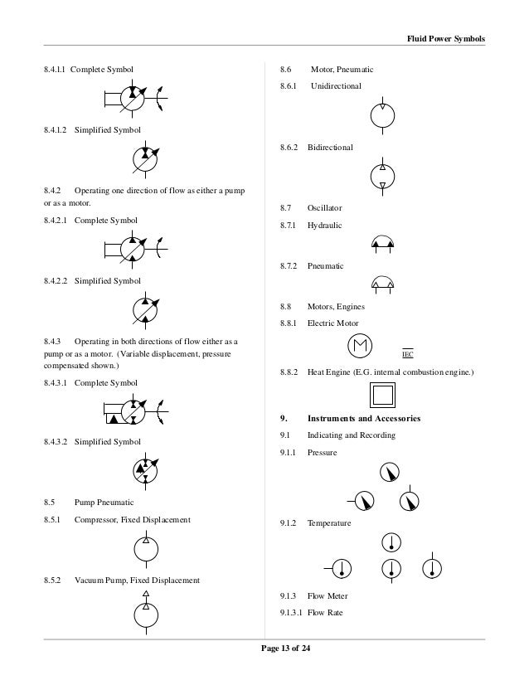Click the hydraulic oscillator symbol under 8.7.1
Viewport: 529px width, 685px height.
click(383, 244)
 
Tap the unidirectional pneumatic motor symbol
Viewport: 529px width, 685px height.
click(382, 115)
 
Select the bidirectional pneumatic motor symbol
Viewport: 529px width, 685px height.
click(382, 175)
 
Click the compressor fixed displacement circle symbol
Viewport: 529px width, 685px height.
click(146, 548)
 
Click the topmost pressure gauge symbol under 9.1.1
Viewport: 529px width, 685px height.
click(390, 473)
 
